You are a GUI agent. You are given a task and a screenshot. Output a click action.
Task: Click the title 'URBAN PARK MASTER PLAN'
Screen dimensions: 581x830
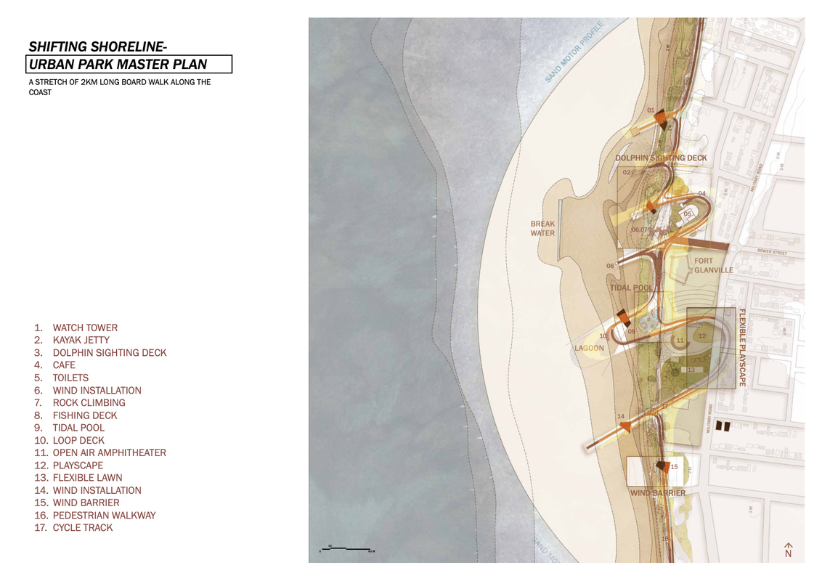[118, 65]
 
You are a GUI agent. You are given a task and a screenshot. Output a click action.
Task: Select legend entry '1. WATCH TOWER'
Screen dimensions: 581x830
[76, 328]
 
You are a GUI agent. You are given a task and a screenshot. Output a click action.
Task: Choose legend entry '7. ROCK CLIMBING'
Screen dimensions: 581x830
[79, 403]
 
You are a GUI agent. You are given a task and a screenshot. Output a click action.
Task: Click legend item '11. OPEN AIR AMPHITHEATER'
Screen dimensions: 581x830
[100, 453]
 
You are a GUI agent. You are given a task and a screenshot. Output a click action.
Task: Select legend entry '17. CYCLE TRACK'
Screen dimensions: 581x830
[73, 528]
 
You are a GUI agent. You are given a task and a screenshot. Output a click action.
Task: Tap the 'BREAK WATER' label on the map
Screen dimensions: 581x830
[542, 229]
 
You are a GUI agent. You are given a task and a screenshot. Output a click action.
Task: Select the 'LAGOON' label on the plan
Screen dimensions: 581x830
[589, 348]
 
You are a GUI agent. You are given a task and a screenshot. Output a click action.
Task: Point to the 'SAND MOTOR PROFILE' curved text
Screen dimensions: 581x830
[574, 52]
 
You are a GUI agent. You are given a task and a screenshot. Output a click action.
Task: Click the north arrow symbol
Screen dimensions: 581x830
[789, 550]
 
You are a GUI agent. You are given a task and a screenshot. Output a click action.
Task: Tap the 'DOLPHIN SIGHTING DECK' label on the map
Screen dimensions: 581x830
[661, 158]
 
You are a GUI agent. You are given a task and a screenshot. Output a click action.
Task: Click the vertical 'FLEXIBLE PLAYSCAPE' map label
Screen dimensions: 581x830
[742, 348]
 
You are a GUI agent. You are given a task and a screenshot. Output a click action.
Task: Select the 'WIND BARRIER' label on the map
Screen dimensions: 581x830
[657, 493]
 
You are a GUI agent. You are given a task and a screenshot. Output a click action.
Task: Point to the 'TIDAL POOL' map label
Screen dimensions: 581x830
[631, 288]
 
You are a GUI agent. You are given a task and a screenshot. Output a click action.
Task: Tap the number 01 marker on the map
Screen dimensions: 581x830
[651, 110]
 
